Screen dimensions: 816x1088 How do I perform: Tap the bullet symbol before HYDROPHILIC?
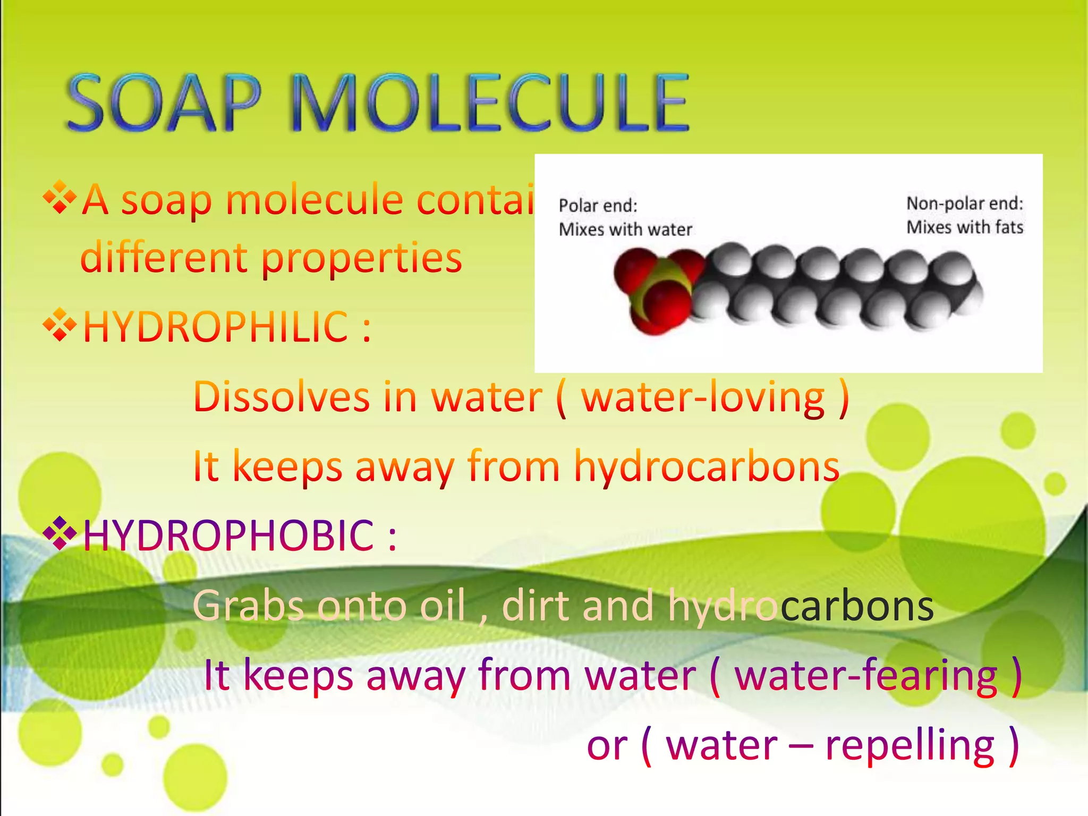point(60,324)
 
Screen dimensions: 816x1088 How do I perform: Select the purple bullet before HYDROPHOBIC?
point(60,533)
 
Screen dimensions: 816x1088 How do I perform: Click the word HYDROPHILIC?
point(215,327)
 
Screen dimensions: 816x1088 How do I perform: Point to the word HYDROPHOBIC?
point(228,535)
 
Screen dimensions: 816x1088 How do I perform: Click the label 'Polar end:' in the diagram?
point(598,206)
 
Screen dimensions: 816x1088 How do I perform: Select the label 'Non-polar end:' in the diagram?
point(964,203)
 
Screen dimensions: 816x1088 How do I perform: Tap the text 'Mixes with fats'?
point(964,227)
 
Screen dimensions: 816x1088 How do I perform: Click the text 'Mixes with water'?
point(625,229)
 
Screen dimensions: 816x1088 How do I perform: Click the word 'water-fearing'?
point(866,676)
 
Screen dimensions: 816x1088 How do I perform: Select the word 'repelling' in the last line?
point(909,746)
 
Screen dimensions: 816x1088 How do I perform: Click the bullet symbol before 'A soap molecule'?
point(60,198)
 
